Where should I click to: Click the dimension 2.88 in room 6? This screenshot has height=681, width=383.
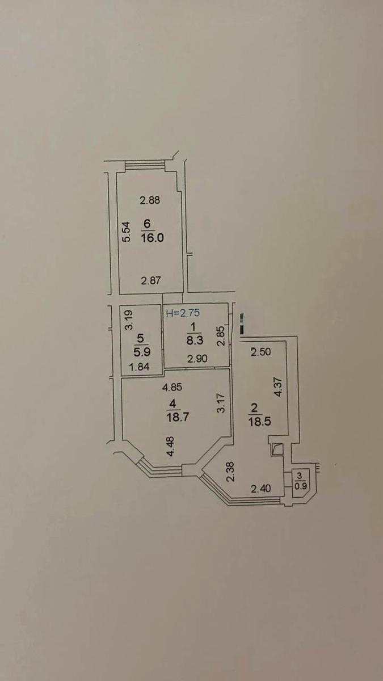[150, 200]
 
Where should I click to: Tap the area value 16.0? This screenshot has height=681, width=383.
[152, 237]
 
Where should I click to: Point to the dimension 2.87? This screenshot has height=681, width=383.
[151, 280]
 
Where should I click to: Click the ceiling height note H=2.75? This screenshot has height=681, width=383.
[183, 313]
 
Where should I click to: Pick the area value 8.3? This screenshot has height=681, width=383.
[195, 340]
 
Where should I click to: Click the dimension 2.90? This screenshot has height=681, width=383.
[197, 359]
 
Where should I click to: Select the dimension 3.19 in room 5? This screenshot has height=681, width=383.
[129, 320]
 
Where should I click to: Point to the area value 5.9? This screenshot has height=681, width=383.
[142, 352]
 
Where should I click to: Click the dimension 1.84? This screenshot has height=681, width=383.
[139, 367]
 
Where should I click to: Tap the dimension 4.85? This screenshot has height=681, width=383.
[172, 387]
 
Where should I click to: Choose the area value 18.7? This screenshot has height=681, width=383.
[178, 417]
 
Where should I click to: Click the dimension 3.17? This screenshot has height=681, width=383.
[222, 403]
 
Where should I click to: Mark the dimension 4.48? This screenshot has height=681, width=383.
[171, 446]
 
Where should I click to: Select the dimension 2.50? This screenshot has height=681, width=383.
[261, 352]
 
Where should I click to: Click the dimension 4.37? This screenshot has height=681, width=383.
[278, 386]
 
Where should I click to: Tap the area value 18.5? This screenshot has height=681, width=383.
[260, 422]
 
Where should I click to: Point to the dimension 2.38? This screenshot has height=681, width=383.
[231, 472]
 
